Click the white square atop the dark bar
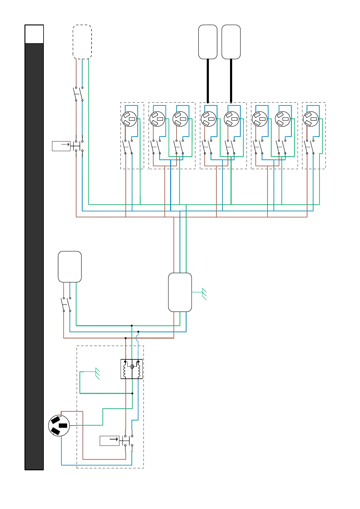pos(34,34)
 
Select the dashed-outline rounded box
pos(82,42)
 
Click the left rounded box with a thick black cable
pos(208,42)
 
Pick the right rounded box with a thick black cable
pos(231,42)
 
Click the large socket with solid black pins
pos(59,425)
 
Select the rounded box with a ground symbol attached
pos(180,292)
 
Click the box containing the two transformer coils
pos(131,369)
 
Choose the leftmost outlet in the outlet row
pos(129,119)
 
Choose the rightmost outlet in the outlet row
pos(311,119)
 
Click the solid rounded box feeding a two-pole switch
pos(70,267)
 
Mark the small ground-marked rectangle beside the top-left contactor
pos(61,146)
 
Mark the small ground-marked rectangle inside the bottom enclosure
pos(109,441)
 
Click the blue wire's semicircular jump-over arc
pos(138,338)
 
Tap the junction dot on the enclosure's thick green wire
pos(132,393)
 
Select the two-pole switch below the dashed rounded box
pos(79,94)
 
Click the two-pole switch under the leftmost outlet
pos(128,147)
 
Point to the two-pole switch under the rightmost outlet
pos(310,147)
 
